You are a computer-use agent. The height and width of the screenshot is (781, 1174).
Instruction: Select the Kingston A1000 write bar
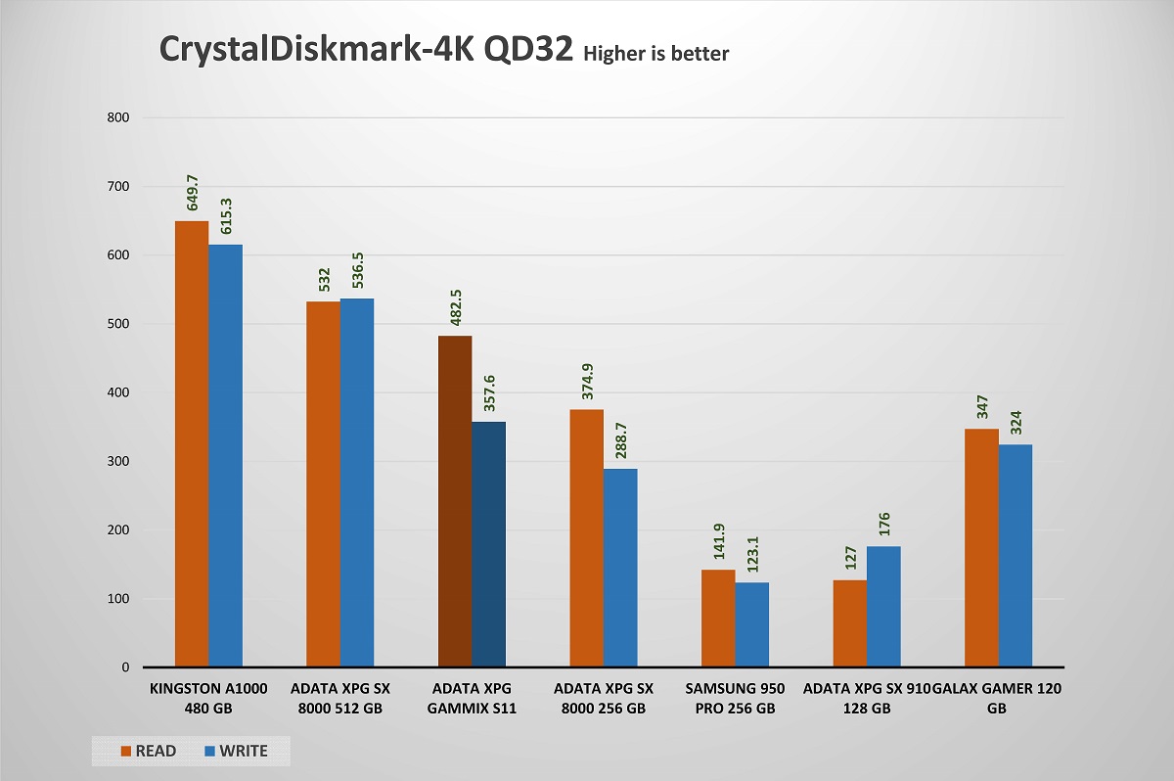225,456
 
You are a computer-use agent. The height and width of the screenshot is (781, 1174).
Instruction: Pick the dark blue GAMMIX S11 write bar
488,544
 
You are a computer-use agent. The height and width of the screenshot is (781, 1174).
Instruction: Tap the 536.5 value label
357,272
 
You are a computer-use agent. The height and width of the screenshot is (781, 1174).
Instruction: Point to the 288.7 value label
620,442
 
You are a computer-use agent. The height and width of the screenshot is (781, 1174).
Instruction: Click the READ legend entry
149,751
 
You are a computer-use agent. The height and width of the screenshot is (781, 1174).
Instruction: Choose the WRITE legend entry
235,751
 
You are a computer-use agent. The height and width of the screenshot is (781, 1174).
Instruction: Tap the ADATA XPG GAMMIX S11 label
472,699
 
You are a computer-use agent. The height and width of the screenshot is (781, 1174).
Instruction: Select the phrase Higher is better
655,55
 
